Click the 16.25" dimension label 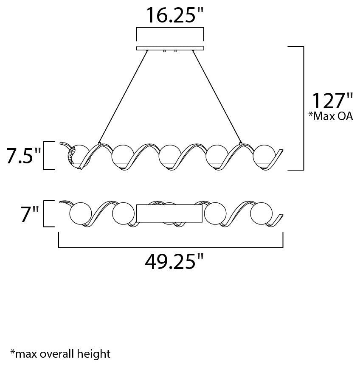coord(174,15)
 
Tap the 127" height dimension coord(332,101)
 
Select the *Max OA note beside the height coord(330,116)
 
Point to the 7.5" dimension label coord(23,156)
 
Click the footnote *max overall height coord(60,354)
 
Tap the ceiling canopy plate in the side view coord(170,48)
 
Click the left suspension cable coord(124,96)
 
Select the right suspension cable coord(217,96)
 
